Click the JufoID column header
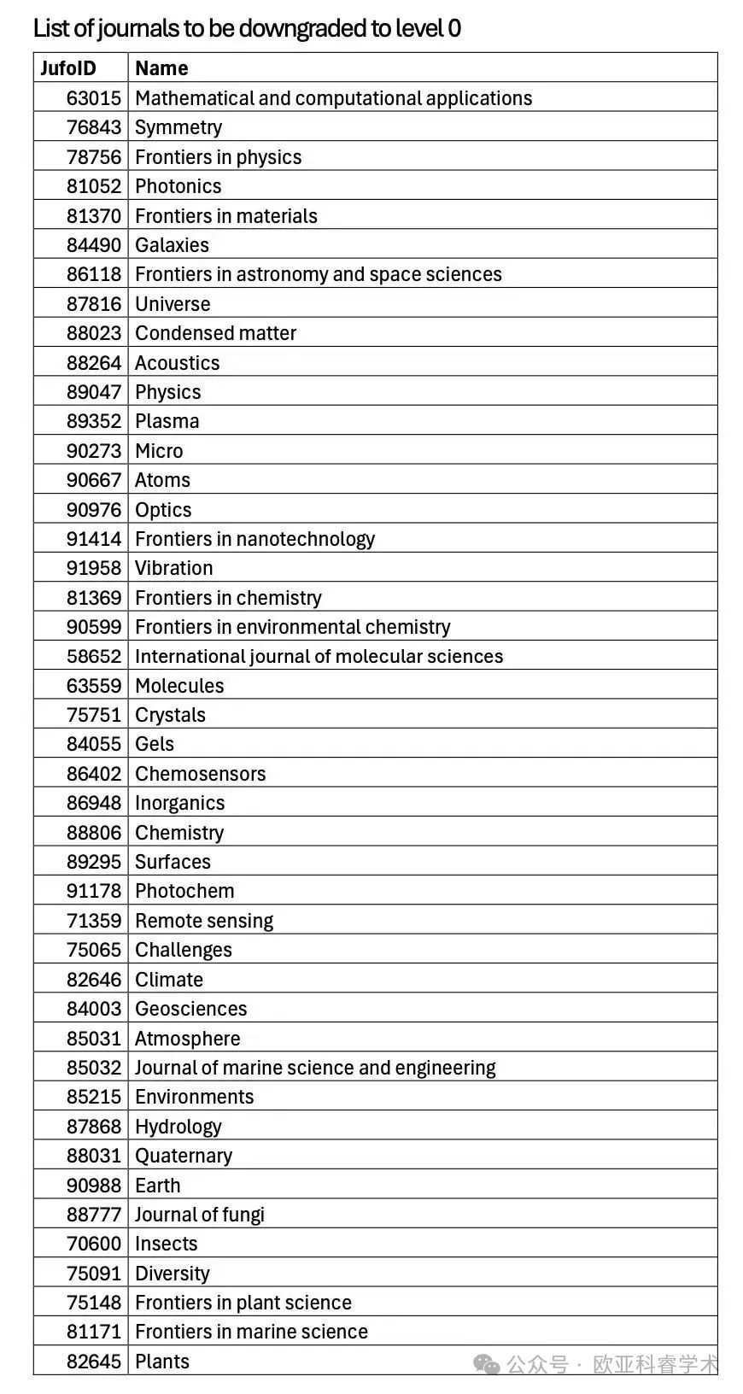(68, 68)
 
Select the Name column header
(161, 68)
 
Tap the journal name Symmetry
(178, 127)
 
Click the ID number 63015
(94, 98)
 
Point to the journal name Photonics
(178, 186)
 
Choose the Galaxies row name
(172, 245)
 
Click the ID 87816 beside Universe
(94, 304)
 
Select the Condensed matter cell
(215, 333)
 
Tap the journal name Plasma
(167, 421)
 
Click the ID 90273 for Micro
(94, 451)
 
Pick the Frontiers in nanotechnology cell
(254, 539)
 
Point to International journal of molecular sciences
(319, 656)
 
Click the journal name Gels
(155, 744)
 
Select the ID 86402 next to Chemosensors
(94, 774)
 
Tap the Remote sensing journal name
(204, 921)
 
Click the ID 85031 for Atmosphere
(94, 1039)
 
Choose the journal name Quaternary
(184, 1156)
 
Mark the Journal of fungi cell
(200, 1215)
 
